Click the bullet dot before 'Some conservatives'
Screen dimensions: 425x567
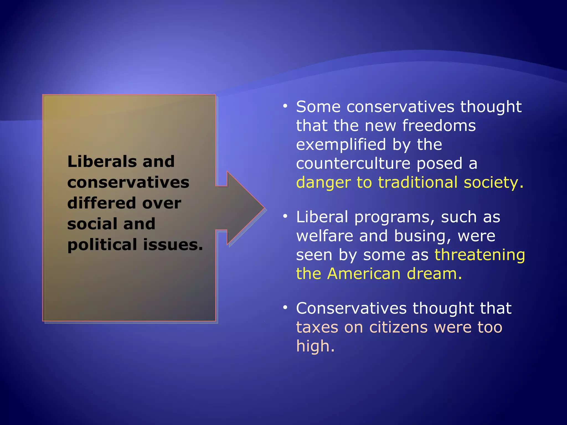click(285, 106)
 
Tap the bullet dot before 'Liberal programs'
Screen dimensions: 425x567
click(285, 216)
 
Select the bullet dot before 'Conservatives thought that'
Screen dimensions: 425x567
click(285, 308)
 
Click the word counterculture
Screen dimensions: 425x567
click(353, 163)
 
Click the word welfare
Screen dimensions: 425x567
click(324, 236)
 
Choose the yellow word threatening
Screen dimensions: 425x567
click(480, 255)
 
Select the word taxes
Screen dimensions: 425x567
click(317, 327)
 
